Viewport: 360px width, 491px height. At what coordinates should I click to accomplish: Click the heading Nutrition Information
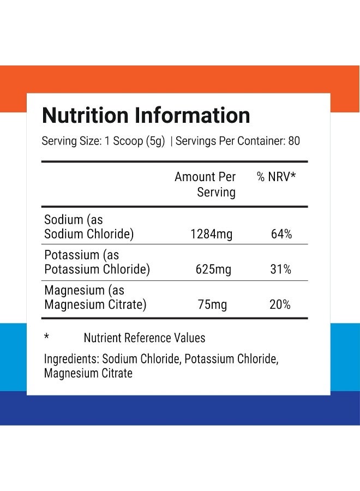click(146, 116)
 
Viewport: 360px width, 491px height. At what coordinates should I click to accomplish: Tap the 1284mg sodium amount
click(211, 235)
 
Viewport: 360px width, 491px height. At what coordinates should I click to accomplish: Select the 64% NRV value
click(281, 235)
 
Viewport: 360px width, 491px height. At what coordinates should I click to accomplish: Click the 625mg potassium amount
click(213, 270)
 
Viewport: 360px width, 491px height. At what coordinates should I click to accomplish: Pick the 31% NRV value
click(280, 270)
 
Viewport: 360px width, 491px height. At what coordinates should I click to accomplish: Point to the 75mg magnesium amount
click(212, 304)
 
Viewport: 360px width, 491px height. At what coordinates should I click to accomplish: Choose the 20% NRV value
click(280, 304)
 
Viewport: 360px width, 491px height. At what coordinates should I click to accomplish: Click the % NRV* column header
click(277, 177)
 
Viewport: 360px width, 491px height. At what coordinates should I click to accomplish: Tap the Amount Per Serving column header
click(205, 184)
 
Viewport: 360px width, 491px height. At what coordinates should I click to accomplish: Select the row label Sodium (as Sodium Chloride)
click(88, 227)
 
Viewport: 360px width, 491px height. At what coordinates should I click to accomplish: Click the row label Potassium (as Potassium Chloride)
click(97, 262)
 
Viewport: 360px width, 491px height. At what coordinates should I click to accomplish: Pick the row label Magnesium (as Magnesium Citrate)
click(95, 297)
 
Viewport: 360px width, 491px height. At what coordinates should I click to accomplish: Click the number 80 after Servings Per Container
click(294, 141)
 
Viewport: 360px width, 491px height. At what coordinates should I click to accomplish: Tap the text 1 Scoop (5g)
click(134, 141)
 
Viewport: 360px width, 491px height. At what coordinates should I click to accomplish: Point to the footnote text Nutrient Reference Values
click(145, 338)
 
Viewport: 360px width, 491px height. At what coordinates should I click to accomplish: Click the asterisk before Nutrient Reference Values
click(46, 337)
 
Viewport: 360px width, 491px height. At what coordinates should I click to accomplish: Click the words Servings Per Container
click(230, 141)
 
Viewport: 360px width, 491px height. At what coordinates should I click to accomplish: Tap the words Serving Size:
click(70, 141)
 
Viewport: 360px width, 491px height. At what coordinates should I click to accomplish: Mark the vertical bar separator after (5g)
click(171, 141)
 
